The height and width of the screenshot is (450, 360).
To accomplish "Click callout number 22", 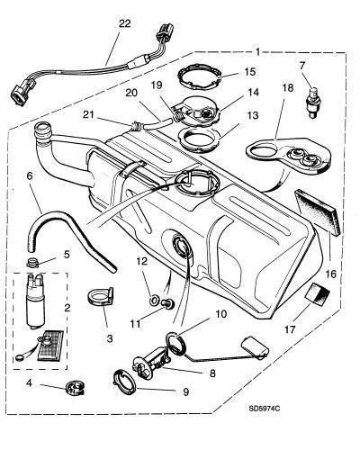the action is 125,23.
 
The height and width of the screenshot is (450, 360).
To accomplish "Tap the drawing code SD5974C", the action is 265,409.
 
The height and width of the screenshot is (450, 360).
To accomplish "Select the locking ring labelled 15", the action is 199,77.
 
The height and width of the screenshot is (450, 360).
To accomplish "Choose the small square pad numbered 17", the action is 317,292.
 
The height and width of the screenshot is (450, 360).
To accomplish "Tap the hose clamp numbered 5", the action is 33,262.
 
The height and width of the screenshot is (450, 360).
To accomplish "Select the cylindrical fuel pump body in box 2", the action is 35,303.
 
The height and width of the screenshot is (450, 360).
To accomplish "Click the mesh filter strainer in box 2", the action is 50,345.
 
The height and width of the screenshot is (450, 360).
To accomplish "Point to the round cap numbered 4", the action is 76,388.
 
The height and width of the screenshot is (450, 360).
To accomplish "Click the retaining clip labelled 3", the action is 100,297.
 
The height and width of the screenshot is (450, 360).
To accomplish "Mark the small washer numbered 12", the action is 155,300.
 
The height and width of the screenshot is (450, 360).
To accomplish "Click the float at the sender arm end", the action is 256,347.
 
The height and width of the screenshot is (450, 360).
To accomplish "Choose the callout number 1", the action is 257,51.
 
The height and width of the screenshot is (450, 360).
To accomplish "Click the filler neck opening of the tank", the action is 43,129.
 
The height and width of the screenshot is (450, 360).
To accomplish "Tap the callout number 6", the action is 29,176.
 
